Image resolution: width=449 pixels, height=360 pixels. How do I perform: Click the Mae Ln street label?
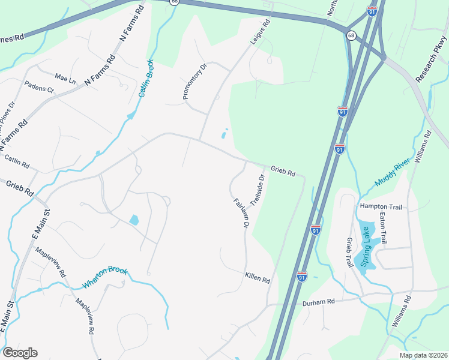click(x=65, y=78)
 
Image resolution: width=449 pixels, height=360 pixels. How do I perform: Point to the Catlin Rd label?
click(x=17, y=161)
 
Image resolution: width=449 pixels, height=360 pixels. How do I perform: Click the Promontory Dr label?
click(x=194, y=82)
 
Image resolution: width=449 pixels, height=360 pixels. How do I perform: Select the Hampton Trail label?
click(x=379, y=206)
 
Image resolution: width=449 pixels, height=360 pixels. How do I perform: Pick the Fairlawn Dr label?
click(x=240, y=213)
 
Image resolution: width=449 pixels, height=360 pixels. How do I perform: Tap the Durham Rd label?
click(x=318, y=302)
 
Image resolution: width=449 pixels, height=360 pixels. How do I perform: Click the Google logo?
click(x=20, y=353)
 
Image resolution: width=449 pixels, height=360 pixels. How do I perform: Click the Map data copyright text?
click(x=423, y=355)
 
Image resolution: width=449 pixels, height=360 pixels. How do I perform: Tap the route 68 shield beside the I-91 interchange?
click(x=351, y=36)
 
